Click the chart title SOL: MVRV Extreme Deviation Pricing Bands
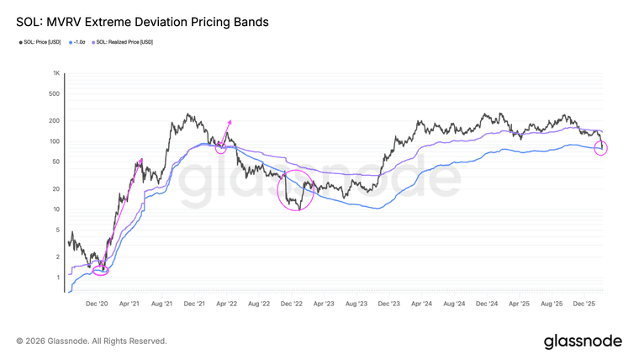tap(142, 23)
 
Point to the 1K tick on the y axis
tap(55, 73)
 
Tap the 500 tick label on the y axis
tap(55, 93)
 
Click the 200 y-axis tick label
tap(55, 120)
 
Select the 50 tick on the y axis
tap(56, 161)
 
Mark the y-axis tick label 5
tap(58, 230)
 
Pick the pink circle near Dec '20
tap(101, 269)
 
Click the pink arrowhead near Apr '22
tap(230, 123)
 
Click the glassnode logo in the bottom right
tap(583, 341)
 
